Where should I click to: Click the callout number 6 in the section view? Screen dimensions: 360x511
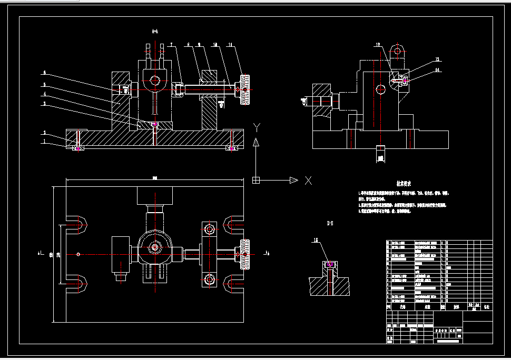tap(44, 72)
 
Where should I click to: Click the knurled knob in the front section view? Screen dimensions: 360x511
tap(245, 90)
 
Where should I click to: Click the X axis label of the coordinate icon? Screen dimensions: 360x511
tap(308, 181)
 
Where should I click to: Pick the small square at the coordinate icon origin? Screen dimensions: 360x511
tap(256, 181)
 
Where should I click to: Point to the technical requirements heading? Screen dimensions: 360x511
tap(404, 184)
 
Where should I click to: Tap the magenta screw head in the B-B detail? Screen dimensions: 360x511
tap(329, 264)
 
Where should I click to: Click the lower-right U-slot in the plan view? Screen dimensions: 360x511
tap(232, 285)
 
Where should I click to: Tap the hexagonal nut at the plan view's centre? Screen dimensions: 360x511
tap(155, 246)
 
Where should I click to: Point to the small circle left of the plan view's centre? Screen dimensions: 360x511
tap(78, 255)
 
